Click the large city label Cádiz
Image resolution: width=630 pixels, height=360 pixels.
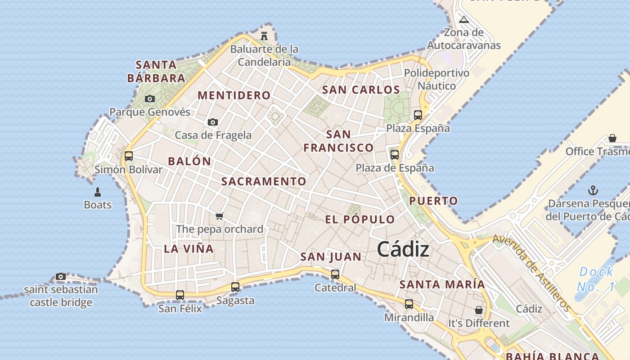tap(403, 249)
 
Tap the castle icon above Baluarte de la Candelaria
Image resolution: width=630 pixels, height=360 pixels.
tap(264, 36)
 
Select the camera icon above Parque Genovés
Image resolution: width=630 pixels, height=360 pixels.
tap(150, 99)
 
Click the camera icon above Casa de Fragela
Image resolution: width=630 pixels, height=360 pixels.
tap(213, 122)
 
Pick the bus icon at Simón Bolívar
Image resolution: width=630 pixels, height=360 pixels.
tap(129, 156)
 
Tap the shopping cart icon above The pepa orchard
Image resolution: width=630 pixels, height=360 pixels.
tap(220, 216)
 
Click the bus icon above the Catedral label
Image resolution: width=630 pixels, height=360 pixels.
tap(335, 274)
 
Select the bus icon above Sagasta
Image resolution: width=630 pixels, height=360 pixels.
tap(235, 287)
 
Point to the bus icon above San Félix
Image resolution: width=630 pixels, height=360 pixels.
tap(180, 295)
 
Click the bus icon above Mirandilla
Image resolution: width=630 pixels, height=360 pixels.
tap(409, 304)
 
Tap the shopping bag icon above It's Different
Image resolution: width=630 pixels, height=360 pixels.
tap(479, 310)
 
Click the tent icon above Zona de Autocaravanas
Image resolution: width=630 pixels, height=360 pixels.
tap(464, 19)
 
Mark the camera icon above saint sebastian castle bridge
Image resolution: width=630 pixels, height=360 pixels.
tap(61, 276)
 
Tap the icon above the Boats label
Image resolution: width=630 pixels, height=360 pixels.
tap(98, 192)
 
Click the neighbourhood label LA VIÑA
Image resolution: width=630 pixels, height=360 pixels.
tap(189, 249)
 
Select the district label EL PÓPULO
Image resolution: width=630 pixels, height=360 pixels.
tap(360, 220)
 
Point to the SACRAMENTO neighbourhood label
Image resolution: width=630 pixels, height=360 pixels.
tap(264, 181)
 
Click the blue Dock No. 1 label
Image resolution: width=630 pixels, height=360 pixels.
tap(597, 279)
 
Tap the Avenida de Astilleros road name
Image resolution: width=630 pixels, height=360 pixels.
tap(532, 273)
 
